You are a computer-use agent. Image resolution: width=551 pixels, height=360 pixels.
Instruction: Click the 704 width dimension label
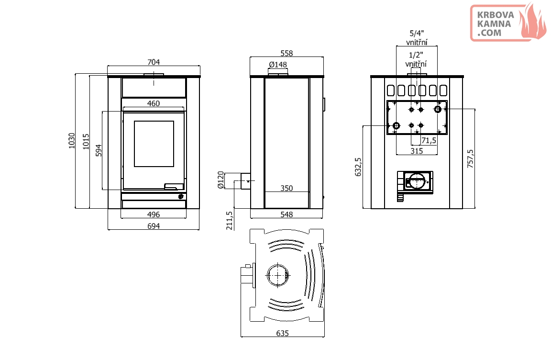[154, 62]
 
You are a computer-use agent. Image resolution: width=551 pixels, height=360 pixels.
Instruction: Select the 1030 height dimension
[72, 141]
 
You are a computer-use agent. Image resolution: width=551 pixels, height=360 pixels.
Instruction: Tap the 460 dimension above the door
[154, 103]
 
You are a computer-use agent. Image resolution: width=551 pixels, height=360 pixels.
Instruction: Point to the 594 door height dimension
[99, 150]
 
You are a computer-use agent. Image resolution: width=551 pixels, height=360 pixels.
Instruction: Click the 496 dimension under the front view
[154, 214]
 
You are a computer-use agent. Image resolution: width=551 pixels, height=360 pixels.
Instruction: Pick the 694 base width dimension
[154, 226]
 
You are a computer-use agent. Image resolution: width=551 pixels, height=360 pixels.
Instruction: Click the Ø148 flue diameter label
[278, 65]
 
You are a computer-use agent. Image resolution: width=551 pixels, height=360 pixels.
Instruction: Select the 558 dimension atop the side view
[287, 54]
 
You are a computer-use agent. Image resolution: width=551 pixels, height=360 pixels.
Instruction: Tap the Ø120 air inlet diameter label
[220, 180]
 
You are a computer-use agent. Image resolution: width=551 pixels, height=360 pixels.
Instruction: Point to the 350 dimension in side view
[287, 189]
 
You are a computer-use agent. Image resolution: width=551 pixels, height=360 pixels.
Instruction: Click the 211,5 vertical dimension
[230, 220]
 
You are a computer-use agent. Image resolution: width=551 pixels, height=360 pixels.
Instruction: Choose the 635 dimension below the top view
[283, 333]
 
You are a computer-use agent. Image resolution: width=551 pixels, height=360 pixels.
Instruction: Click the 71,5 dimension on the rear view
[429, 141]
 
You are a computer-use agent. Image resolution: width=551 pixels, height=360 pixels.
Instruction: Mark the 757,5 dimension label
[470, 158]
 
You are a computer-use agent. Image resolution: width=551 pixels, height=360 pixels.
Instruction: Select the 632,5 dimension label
[358, 167]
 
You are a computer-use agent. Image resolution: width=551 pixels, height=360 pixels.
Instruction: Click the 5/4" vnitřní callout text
[417, 38]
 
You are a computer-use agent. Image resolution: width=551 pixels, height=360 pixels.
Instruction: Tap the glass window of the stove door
[154, 144]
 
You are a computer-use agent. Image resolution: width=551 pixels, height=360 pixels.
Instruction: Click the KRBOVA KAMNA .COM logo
[508, 23]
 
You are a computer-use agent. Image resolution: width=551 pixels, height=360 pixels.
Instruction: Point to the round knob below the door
[181, 197]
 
